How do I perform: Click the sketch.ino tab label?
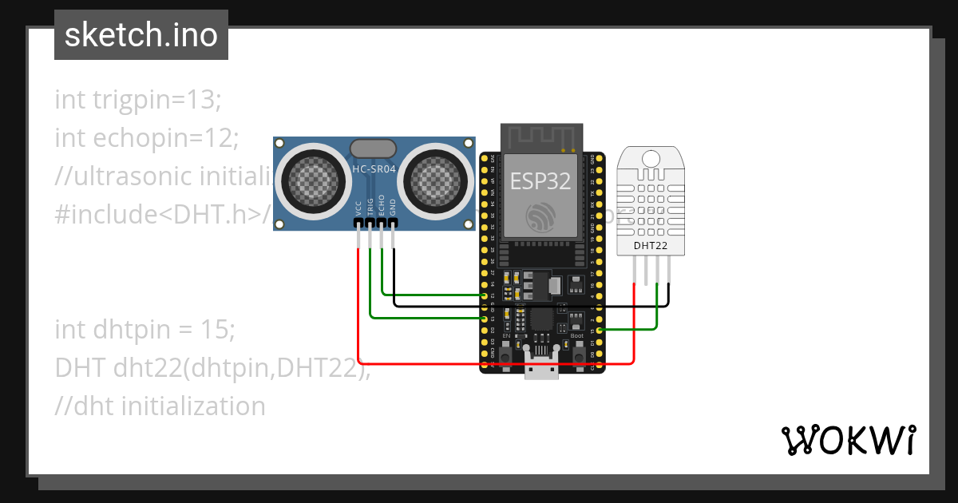click(x=141, y=35)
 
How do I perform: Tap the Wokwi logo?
click(x=847, y=440)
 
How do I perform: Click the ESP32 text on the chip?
click(x=540, y=181)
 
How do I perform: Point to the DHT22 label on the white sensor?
click(x=650, y=245)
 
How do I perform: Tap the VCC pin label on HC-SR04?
click(x=358, y=209)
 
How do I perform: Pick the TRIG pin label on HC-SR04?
click(x=370, y=208)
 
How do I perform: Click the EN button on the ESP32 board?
click(x=506, y=352)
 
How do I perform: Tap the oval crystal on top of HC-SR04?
click(x=373, y=148)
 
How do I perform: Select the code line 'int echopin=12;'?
click(x=147, y=137)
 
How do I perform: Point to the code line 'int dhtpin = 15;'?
click(x=144, y=329)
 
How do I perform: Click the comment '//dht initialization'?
click(x=160, y=406)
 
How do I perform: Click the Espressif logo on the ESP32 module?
click(x=541, y=215)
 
